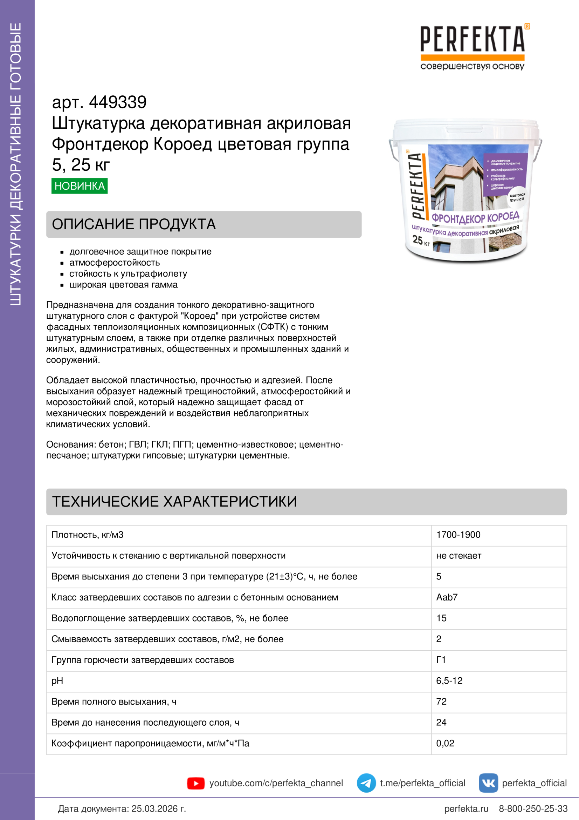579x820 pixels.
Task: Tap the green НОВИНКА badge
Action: pos(79,186)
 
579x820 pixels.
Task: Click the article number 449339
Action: pos(118,102)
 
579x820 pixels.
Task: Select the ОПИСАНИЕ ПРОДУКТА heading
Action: pos(134,224)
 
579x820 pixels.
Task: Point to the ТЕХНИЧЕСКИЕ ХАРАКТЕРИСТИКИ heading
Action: pos(174,501)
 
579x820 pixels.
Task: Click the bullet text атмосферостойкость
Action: pos(115,263)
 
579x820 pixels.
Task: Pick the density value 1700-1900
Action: pos(458,535)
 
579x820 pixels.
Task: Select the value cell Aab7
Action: pos(447,597)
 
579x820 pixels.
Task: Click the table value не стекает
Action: pos(459,556)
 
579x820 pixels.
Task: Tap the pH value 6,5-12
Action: pos(449,681)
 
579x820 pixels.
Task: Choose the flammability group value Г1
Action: pos(441,660)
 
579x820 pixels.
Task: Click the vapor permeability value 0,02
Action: pos(445,743)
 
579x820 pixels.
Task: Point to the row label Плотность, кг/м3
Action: pos(88,535)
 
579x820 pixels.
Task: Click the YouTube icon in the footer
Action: pos(196,783)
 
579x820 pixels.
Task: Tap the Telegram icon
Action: pos(366,783)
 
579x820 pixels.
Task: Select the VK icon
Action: pos(488,783)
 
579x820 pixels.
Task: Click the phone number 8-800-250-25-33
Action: pos(533,808)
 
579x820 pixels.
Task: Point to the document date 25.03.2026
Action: pos(158,808)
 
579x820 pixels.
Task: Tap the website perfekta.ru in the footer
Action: pos(466,808)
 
